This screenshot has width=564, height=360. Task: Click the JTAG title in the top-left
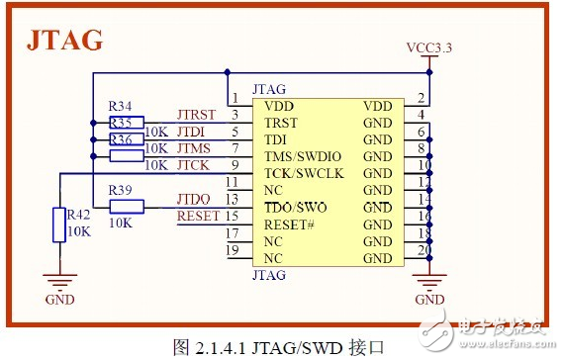64,41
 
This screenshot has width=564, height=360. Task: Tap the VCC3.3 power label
429,47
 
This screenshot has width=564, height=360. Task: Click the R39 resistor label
121,190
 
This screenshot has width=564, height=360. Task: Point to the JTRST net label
195,115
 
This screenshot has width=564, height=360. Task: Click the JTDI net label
191,132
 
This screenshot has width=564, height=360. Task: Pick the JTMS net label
193,148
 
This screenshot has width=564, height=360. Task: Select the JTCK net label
193,165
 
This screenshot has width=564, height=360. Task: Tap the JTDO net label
193,200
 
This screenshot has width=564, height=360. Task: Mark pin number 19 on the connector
234,250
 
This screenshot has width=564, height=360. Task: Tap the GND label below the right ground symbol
429,299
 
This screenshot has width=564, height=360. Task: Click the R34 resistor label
121,106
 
